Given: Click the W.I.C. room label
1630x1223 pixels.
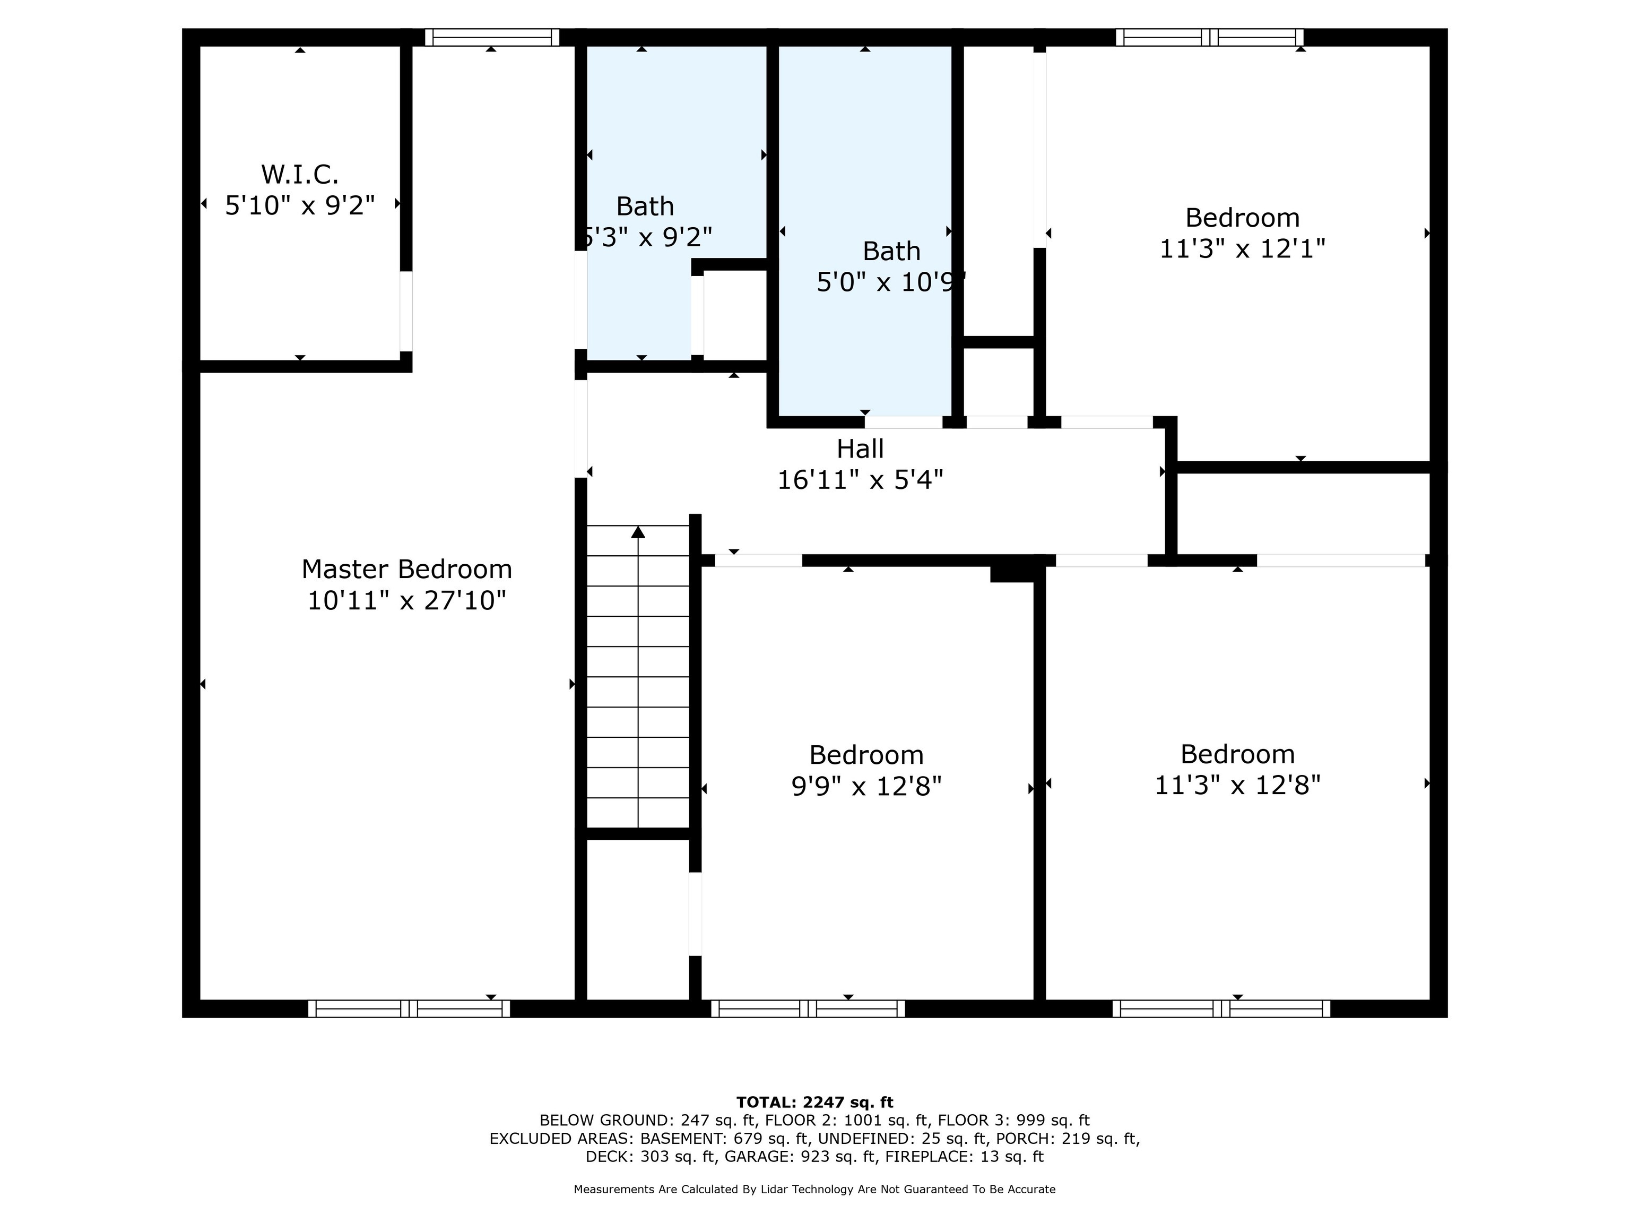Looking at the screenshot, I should [300, 175].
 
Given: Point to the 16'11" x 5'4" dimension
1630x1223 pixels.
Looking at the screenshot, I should [860, 480].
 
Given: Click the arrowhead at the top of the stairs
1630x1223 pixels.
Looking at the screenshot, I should [638, 531].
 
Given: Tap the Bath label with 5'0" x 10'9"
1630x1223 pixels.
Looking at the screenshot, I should [891, 252].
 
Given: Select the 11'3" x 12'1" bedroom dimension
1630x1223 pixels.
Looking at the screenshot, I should [1242, 249].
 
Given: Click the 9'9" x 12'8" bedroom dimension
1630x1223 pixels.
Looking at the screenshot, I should [866, 787].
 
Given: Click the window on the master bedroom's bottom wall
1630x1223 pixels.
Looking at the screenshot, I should [409, 1009].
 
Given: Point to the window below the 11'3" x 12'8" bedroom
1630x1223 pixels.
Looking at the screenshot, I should [1221, 1009].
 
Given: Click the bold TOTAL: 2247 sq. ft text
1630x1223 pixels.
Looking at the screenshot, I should [814, 1102].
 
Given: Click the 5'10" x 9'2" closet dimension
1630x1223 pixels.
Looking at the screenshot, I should [300, 205].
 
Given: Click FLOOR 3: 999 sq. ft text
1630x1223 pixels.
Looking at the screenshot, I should [1014, 1121].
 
